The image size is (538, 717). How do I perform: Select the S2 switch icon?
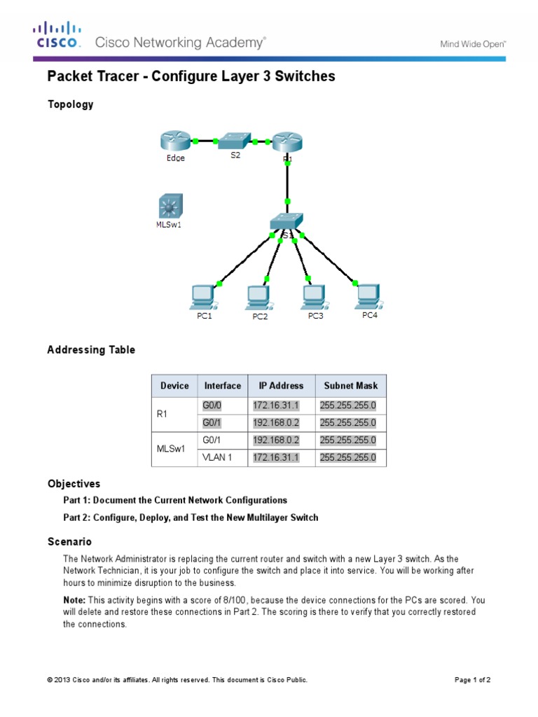pos(234,141)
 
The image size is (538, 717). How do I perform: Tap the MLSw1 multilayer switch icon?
pos(169,207)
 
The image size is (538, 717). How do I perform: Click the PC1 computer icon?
pos(203,298)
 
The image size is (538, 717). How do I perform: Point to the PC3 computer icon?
pos(315,297)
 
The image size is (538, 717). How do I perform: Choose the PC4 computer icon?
pos(368,295)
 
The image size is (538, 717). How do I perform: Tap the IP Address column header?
pos(282,386)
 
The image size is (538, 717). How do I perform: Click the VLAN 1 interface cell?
pos(216,458)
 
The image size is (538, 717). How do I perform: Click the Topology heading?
pos(70,104)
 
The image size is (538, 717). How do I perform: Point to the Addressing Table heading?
pos(91,349)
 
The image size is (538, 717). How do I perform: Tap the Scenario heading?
pos(69,542)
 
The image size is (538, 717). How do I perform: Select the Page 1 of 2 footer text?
pos(477,680)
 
